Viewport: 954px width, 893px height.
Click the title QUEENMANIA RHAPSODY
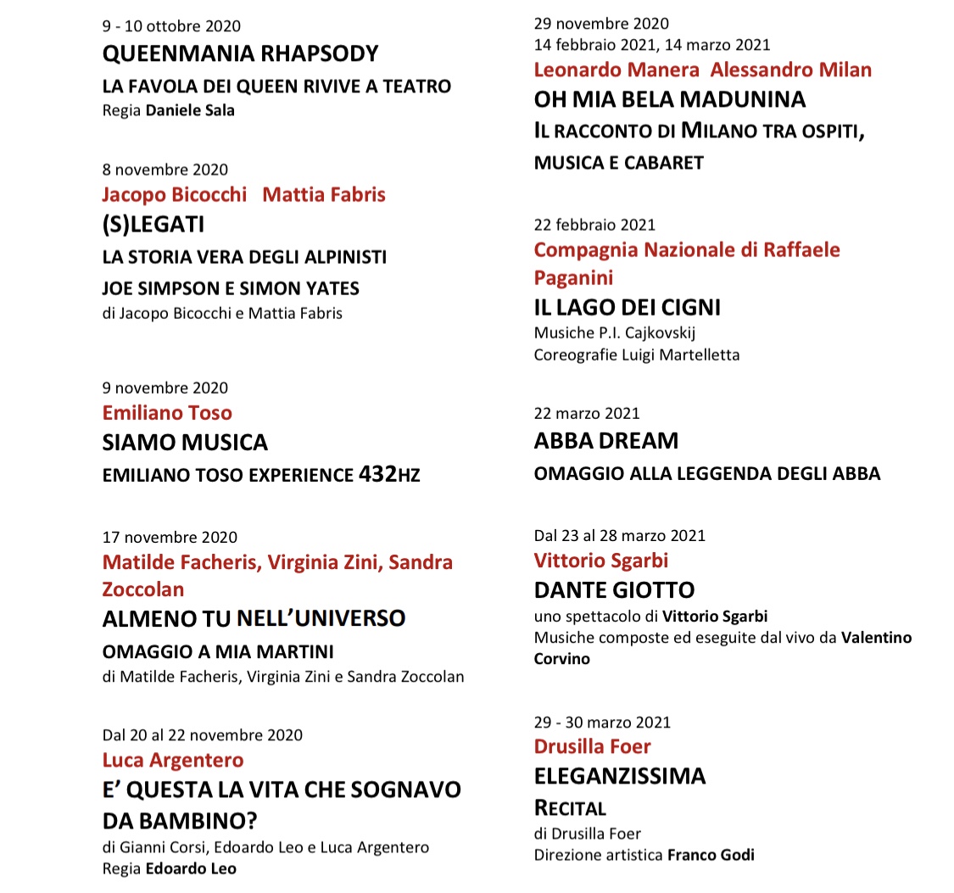(240, 54)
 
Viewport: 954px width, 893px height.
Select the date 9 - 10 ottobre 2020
(170, 25)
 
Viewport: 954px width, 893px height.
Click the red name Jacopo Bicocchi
(174, 194)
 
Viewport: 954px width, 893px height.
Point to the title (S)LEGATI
(153, 226)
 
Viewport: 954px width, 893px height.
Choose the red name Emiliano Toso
(167, 413)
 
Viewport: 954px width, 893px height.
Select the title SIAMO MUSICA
(185, 443)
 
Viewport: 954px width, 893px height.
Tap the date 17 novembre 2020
(170, 537)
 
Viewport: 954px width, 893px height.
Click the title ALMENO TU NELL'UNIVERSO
(254, 618)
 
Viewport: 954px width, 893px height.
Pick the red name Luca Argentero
(172, 760)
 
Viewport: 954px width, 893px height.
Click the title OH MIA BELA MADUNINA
(670, 100)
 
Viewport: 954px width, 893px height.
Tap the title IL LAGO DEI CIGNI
(627, 307)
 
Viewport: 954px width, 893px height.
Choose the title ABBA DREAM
(606, 441)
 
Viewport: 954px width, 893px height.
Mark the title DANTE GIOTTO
(614, 589)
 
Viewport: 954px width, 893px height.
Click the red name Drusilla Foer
(592, 746)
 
